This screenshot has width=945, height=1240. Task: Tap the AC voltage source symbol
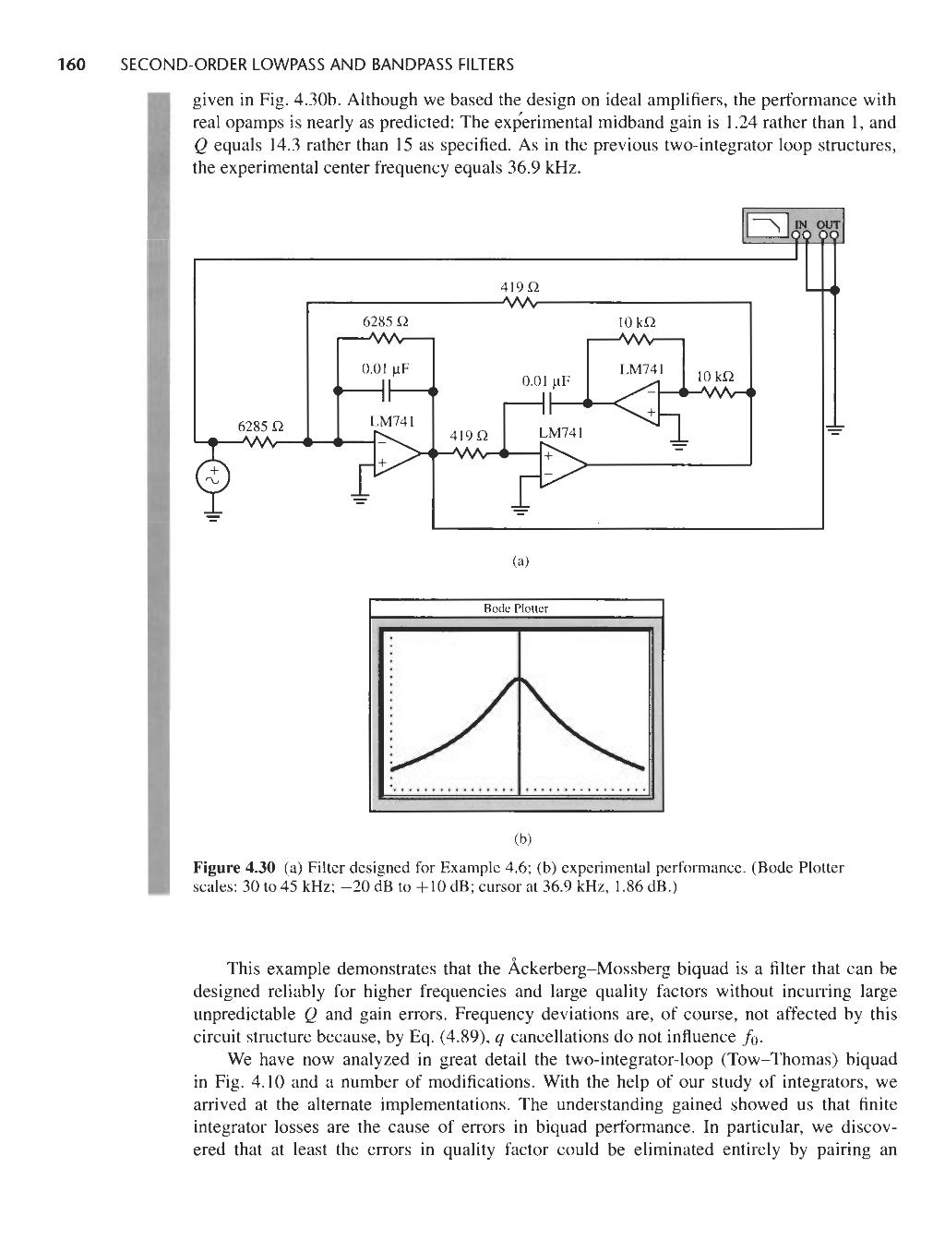211,476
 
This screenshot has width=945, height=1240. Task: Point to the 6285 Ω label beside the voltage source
259,427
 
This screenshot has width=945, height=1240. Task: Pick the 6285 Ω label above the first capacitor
386,322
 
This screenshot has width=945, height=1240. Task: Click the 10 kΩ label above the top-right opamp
635,322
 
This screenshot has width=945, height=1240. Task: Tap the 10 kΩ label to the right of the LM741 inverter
715,377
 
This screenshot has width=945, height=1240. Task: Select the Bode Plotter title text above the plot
517,608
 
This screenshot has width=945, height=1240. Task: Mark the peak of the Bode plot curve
520,680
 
